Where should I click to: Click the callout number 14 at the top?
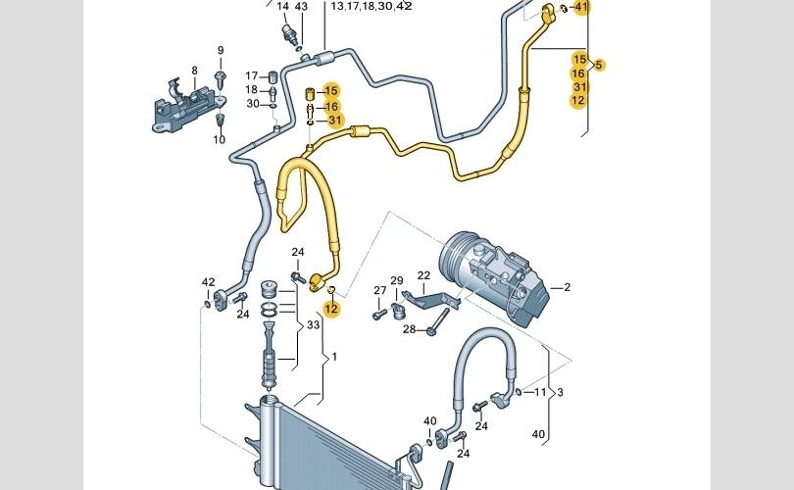click(283, 7)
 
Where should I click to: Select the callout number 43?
click(301, 7)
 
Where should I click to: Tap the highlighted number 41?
click(582, 8)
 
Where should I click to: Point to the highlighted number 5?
click(600, 65)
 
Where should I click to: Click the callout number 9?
click(221, 51)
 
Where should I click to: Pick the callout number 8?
click(194, 71)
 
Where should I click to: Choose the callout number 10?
click(220, 140)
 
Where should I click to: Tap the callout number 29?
click(397, 281)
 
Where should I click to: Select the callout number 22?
click(423, 275)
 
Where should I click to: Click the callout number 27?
click(379, 290)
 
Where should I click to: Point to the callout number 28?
click(410, 329)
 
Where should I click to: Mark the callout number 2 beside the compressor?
click(567, 287)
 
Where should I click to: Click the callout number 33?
click(314, 325)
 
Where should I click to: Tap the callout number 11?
click(540, 392)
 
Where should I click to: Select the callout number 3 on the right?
click(559, 392)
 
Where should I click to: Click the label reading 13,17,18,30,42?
click(372, 6)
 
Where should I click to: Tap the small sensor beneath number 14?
click(289, 32)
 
